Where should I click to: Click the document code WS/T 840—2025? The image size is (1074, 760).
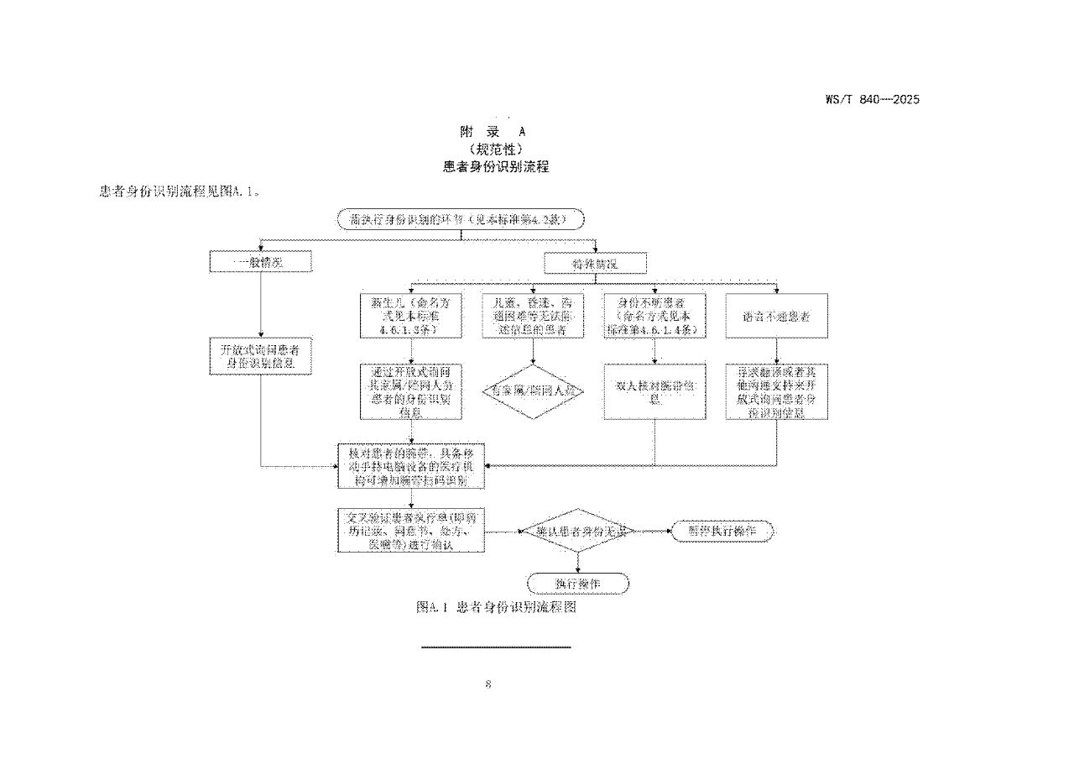[872, 99]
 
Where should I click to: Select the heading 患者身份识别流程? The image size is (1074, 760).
[496, 166]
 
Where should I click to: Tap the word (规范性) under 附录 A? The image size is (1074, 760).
[496, 149]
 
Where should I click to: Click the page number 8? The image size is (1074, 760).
[488, 684]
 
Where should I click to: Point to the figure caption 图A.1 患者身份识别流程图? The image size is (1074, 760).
[496, 607]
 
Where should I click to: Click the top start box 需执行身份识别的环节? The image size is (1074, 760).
[460, 220]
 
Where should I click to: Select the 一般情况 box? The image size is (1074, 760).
[260, 262]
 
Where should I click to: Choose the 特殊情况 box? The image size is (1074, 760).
[596, 264]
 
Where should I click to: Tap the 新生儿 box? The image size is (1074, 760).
[410, 316]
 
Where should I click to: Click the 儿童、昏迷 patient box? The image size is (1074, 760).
[533, 316]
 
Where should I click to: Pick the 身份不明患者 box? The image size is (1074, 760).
[654, 316]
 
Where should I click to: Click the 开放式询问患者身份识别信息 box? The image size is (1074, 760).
[260, 356]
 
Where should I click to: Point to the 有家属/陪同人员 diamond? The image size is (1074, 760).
[533, 390]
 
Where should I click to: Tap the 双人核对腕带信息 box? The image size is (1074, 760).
[654, 391]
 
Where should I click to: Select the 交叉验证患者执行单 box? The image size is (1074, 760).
[411, 530]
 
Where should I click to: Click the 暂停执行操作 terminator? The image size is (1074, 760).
[722, 531]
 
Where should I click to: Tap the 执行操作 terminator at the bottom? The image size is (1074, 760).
[578, 583]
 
